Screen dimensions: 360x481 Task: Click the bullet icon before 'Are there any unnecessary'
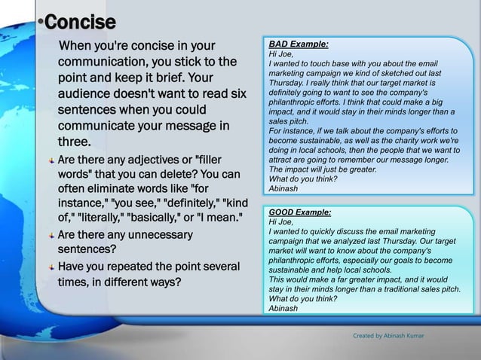point(51,236)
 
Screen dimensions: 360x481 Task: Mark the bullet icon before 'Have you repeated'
point(51,269)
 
